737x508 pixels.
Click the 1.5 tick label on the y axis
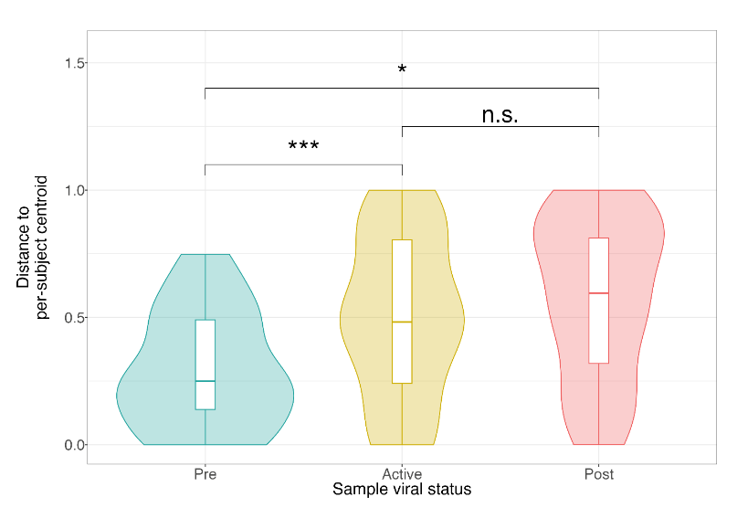click(74, 63)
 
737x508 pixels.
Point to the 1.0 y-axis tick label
click(74, 190)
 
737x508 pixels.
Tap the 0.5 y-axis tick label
click(74, 318)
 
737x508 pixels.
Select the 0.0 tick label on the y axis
click(74, 445)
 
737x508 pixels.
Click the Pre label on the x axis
click(205, 473)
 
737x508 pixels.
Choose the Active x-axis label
click(402, 473)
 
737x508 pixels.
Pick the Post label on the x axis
click(599, 473)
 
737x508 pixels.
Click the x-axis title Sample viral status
click(402, 489)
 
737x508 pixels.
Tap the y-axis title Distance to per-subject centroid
click(32, 248)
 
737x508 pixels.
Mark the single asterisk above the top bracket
click(402, 69)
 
